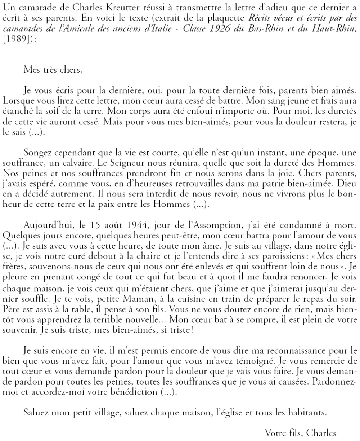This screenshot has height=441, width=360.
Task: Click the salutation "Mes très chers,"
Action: tap(53, 70)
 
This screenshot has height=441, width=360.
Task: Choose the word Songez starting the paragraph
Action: tap(37, 153)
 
